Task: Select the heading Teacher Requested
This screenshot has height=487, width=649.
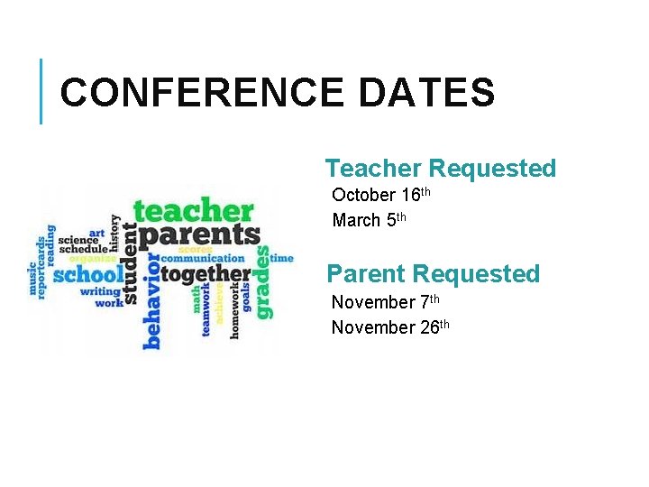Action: click(441, 169)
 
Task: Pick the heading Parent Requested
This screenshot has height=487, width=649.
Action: click(433, 274)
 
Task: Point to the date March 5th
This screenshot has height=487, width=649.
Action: click(370, 220)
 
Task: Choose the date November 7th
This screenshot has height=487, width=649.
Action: click(385, 302)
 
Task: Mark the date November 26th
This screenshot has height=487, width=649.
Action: click(389, 327)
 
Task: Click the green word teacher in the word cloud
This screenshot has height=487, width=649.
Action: click(193, 210)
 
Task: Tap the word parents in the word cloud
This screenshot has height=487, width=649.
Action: click(197, 234)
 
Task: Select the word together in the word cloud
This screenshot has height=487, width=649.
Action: click(206, 273)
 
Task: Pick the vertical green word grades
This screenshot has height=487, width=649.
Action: click(262, 281)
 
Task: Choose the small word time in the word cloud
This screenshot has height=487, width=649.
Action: click(281, 258)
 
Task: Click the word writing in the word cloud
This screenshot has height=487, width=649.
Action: click(100, 291)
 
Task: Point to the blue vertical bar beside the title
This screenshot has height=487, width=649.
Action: click(41, 91)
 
